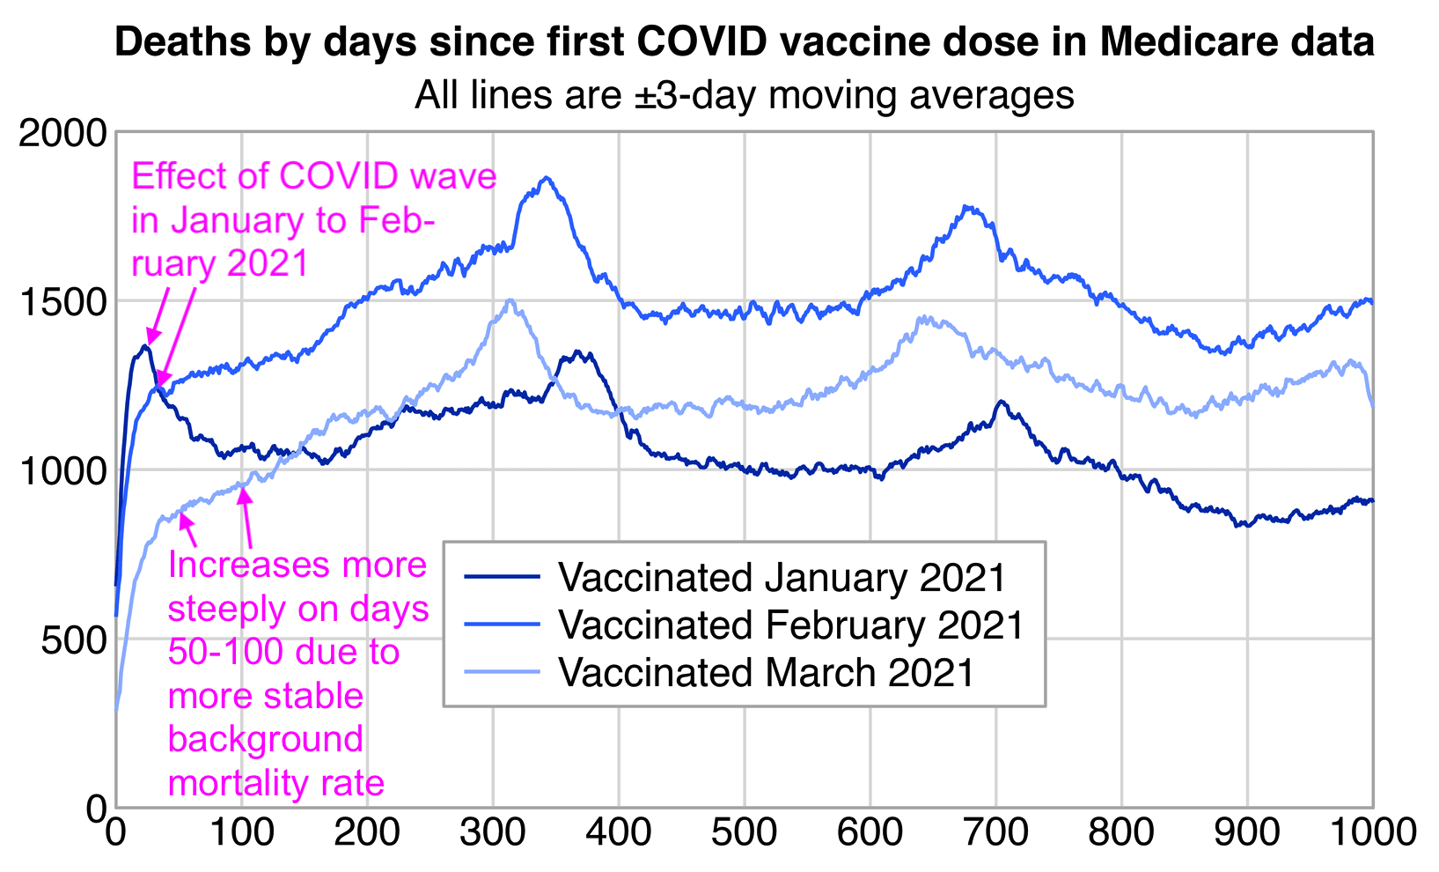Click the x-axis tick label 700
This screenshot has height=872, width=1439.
(995, 831)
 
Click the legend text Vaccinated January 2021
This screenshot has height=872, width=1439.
(782, 578)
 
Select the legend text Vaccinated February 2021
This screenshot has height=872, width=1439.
(791, 624)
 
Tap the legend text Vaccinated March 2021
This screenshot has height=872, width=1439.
(767, 672)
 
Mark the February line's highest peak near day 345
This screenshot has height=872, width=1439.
(547, 178)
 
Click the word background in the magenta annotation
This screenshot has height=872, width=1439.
(265, 739)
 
